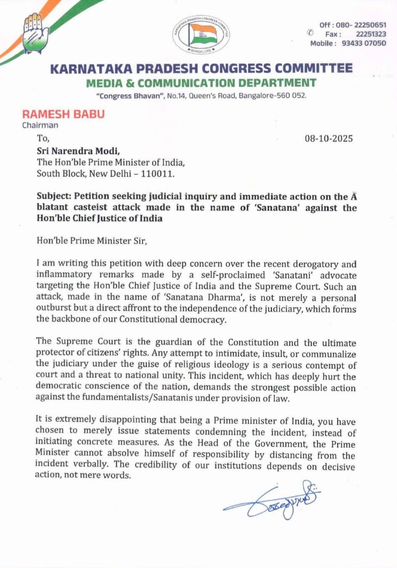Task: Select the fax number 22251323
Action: click(370, 34)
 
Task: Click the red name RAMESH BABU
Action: click(63, 114)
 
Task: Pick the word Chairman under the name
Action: click(40, 125)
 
